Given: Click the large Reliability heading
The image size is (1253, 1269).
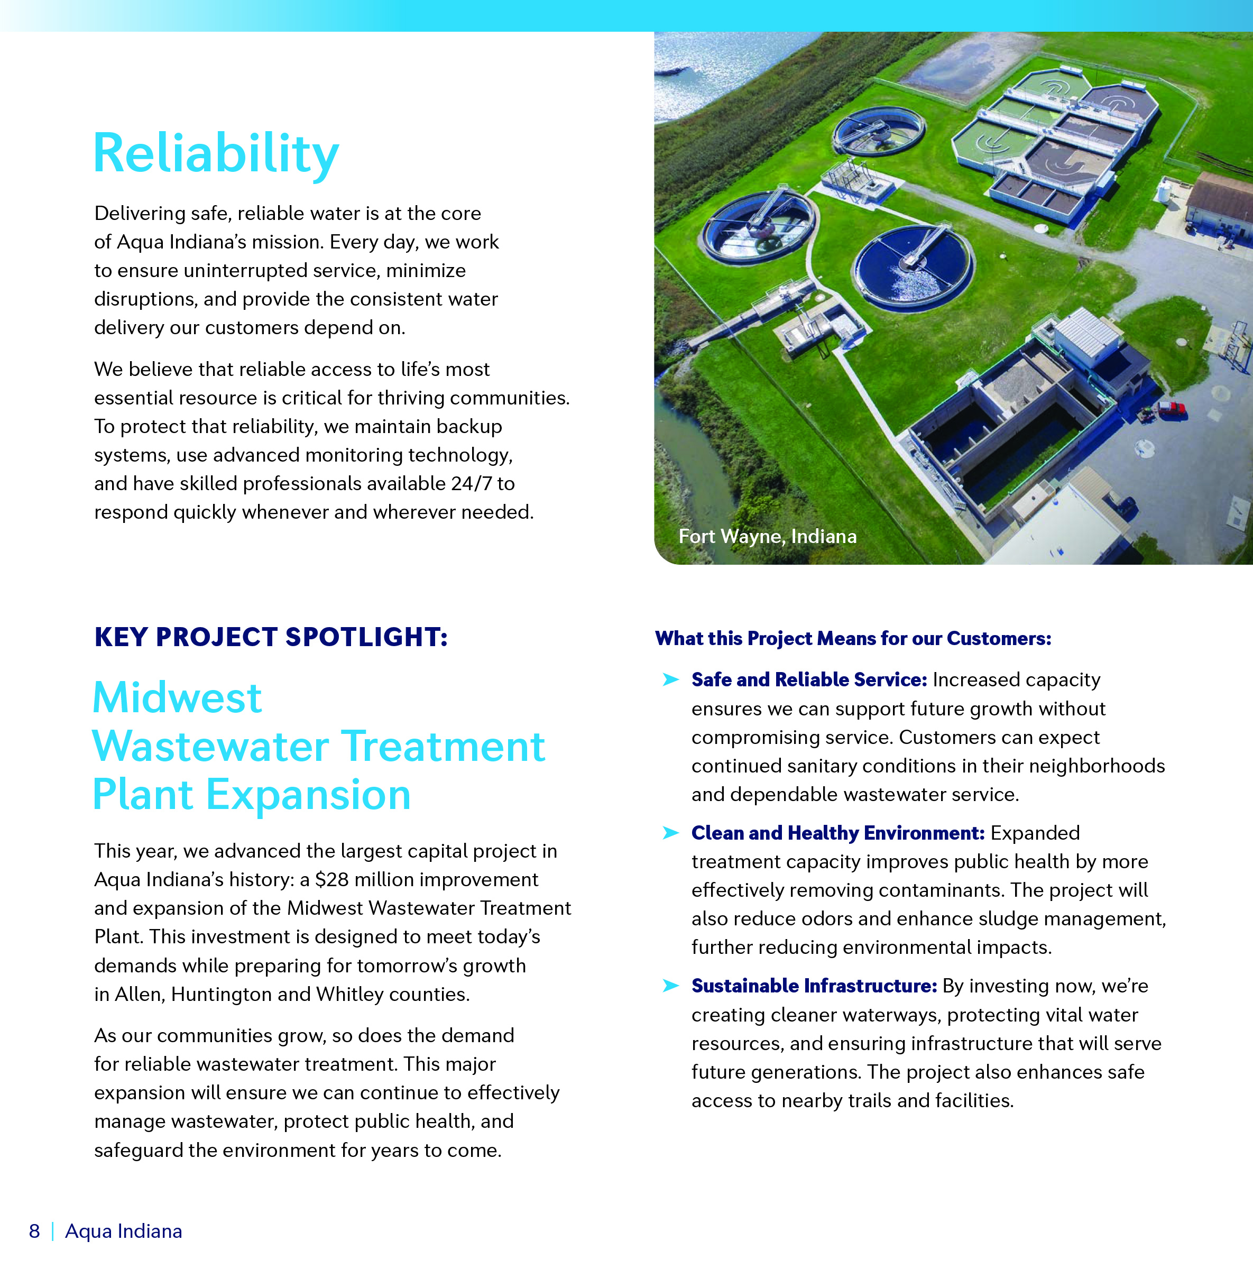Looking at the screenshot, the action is [216, 154].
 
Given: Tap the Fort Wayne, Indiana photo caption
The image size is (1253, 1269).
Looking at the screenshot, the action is [768, 537].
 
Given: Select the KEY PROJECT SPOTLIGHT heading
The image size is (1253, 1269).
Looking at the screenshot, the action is [271, 637].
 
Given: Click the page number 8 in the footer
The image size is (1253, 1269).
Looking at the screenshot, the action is [35, 1231].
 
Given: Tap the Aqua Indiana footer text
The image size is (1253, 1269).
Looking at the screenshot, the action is [124, 1231].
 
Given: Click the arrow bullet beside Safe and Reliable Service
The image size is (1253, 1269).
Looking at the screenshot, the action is [670, 679].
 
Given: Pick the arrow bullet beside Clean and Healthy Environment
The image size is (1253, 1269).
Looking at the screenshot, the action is [670, 833].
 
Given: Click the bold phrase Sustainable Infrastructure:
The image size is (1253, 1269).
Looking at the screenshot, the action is [814, 986].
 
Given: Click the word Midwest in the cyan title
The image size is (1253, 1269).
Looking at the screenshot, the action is [177, 697].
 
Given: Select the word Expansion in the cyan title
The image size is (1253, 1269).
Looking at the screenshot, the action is [309, 795].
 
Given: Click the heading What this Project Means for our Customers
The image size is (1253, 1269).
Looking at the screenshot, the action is [853, 638].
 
